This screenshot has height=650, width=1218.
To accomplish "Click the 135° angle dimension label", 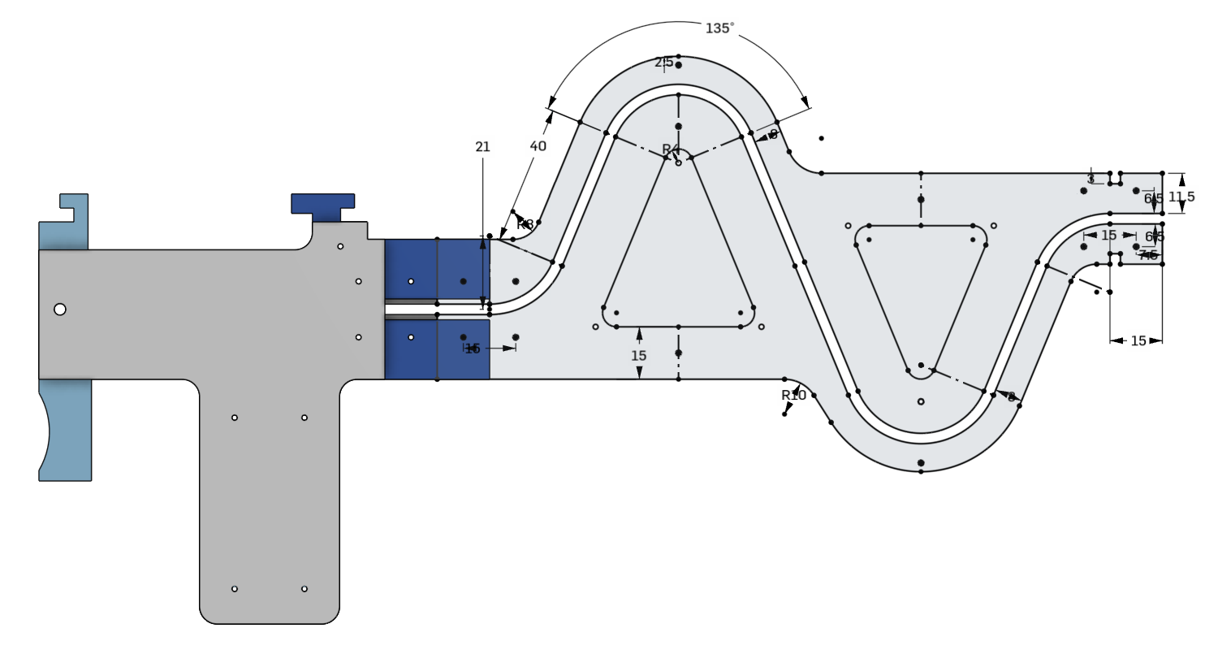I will [719, 28].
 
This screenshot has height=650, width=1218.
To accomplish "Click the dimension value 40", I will [538, 146].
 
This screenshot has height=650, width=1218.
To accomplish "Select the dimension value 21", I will [482, 147].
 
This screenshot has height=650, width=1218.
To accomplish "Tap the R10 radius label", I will [793, 396].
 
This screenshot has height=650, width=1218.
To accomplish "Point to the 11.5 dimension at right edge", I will [1181, 197].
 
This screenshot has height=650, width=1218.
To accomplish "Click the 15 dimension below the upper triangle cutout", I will [639, 356].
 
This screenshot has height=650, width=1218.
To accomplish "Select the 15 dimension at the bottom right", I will [1138, 341].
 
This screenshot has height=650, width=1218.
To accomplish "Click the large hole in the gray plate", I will [59, 309].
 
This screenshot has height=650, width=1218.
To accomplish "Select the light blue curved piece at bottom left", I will [65, 431].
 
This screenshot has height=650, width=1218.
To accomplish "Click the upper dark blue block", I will [437, 268].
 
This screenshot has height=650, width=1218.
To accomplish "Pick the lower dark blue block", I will [437, 349].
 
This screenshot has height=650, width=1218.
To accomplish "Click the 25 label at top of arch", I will [663, 63].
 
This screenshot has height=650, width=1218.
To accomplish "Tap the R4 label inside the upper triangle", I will [669, 149].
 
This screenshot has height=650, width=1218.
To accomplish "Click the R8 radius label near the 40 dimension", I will [525, 224].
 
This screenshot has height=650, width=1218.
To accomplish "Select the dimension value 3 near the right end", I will [1091, 179].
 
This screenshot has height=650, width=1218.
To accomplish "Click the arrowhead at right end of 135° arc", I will [806, 103].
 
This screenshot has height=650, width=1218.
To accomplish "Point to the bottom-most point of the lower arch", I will [920, 471].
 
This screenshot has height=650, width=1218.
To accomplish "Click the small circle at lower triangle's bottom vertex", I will [920, 401].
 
